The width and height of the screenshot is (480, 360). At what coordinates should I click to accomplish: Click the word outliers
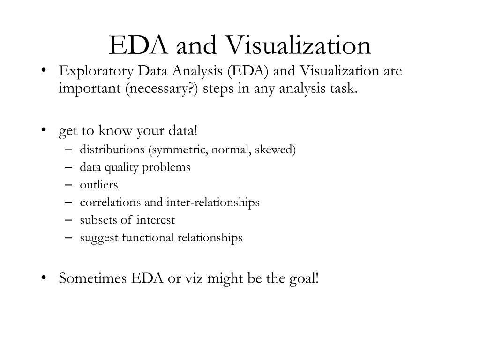[99, 185]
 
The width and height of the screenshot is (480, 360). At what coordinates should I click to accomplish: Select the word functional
[148, 237]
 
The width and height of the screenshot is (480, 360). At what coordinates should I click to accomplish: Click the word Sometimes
[93, 278]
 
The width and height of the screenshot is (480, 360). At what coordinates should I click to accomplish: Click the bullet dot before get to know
[44, 130]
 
